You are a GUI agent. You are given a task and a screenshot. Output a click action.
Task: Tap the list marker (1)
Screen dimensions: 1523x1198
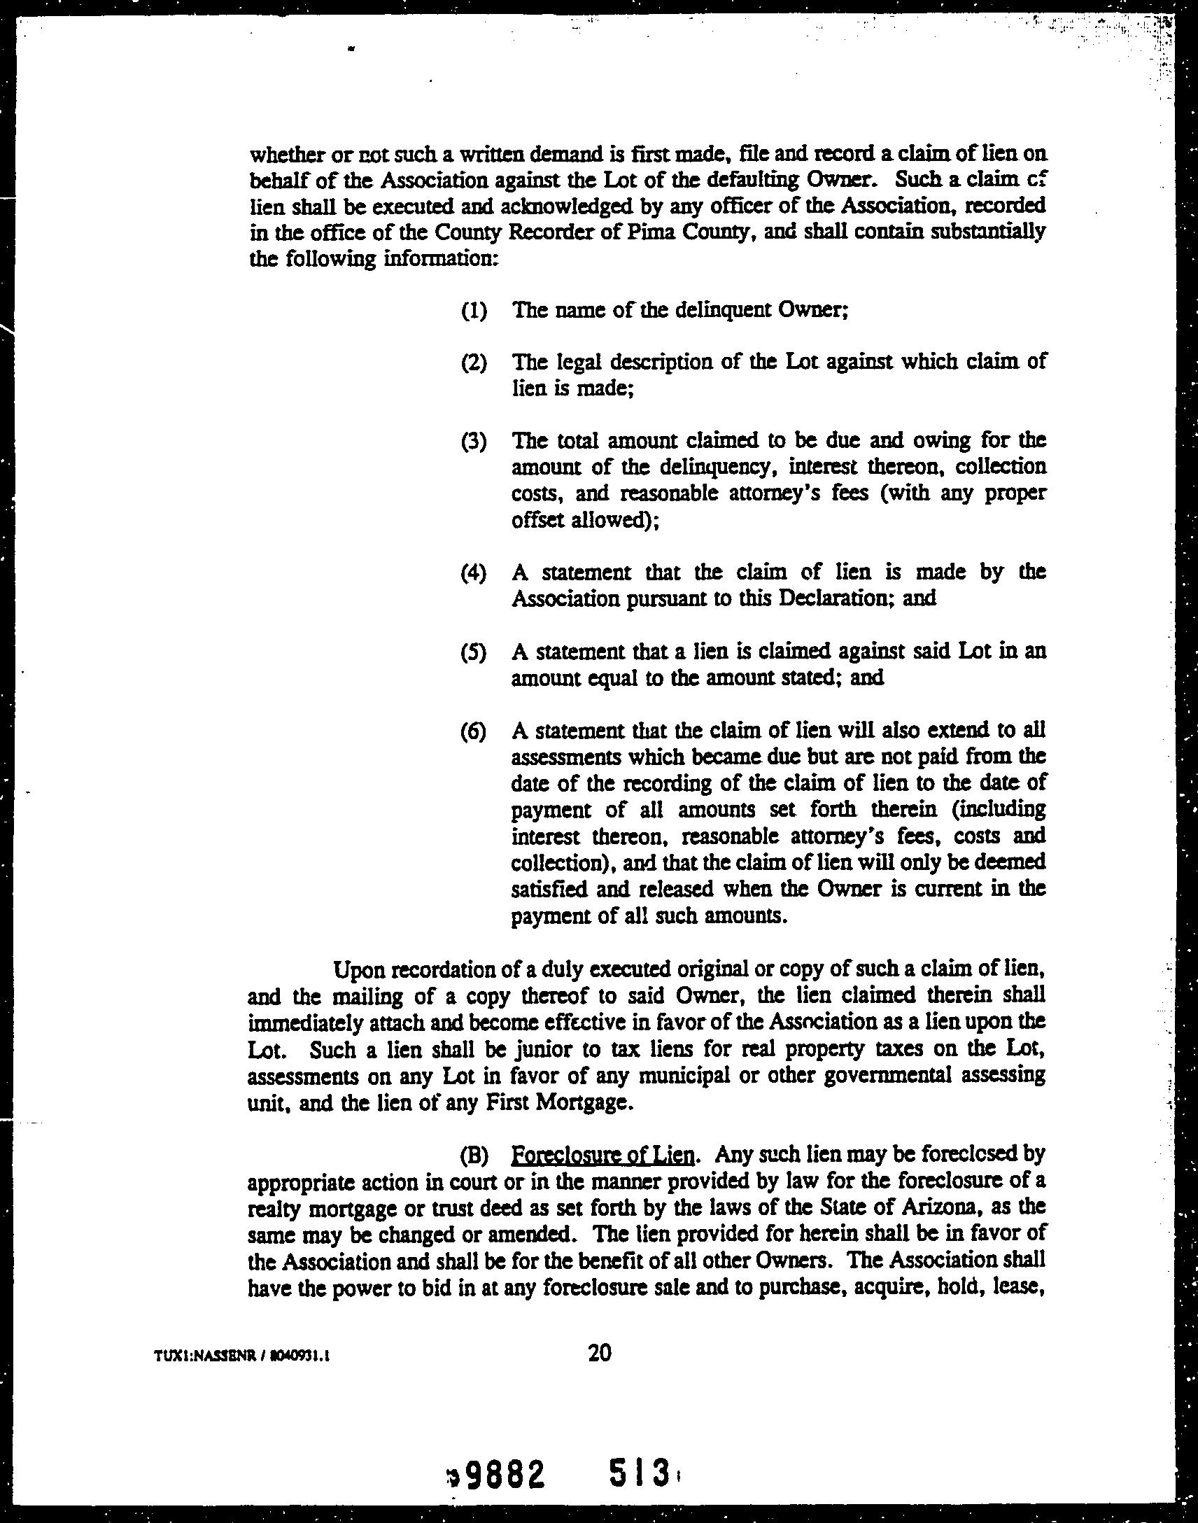coord(474,310)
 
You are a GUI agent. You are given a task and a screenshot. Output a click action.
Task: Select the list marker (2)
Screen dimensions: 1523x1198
coord(474,363)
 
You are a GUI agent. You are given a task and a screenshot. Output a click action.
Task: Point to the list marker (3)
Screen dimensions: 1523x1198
coord(474,442)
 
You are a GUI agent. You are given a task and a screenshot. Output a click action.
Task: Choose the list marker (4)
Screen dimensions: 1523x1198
coord(474,573)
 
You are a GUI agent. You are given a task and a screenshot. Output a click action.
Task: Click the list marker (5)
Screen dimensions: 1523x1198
coord(474,652)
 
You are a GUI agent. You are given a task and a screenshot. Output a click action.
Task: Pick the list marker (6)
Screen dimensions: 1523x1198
coord(474,731)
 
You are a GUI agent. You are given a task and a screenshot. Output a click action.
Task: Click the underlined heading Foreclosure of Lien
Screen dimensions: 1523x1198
coord(603,1155)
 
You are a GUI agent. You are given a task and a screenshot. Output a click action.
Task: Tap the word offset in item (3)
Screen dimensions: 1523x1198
coord(539,521)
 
